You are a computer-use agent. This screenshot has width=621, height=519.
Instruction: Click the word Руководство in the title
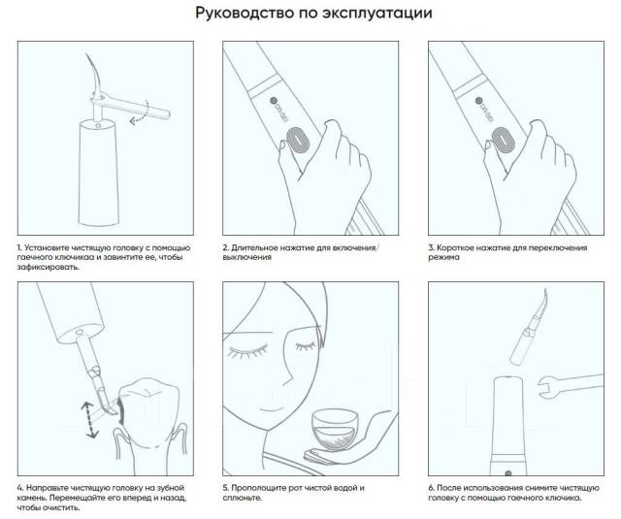click(x=245, y=13)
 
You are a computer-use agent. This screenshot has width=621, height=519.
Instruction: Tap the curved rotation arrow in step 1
click(x=140, y=113)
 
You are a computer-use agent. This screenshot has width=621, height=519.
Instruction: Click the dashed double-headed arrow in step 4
click(x=89, y=419)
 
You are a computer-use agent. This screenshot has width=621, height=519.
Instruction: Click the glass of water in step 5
click(x=333, y=430)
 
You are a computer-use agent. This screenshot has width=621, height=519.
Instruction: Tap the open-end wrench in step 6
click(x=571, y=385)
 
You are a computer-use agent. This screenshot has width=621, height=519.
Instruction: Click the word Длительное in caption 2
click(x=254, y=247)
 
